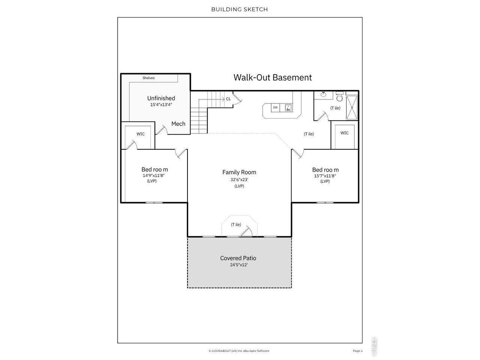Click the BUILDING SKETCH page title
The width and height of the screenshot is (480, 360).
click(x=240, y=9)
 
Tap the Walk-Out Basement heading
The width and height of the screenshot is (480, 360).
click(x=273, y=77)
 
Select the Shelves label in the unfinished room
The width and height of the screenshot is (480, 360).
click(x=148, y=78)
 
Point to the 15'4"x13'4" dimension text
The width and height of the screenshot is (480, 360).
click(x=161, y=105)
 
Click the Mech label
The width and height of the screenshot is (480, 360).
click(x=178, y=124)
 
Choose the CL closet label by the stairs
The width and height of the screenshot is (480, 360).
click(x=228, y=99)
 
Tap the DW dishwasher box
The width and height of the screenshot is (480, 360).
click(x=275, y=108)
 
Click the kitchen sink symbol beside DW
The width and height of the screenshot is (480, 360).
click(x=288, y=108)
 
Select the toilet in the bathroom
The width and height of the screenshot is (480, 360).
click(x=339, y=96)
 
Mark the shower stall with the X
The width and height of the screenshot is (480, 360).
click(x=352, y=108)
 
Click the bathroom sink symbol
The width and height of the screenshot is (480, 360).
click(x=323, y=94)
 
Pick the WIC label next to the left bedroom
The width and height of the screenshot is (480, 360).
click(x=140, y=134)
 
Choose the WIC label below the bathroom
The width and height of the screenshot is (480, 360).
click(x=344, y=133)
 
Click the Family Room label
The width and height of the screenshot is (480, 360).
click(x=239, y=172)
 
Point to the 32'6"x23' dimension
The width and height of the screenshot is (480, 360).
click(x=239, y=180)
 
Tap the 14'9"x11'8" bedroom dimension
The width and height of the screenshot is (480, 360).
click(x=153, y=175)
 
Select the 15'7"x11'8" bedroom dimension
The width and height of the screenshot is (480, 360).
click(x=325, y=176)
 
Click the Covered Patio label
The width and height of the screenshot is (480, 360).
click(x=238, y=258)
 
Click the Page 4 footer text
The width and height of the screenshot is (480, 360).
click(x=357, y=351)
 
